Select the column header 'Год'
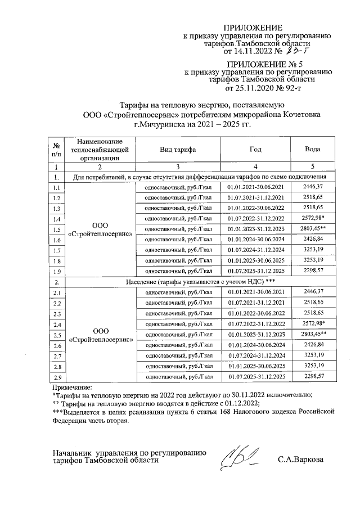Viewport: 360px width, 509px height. click(x=255, y=150)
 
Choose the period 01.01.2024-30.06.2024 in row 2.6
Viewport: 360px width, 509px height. click(x=255, y=345)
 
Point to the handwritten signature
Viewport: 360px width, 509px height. click(x=240, y=455)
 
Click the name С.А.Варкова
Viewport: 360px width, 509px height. click(x=300, y=460)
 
